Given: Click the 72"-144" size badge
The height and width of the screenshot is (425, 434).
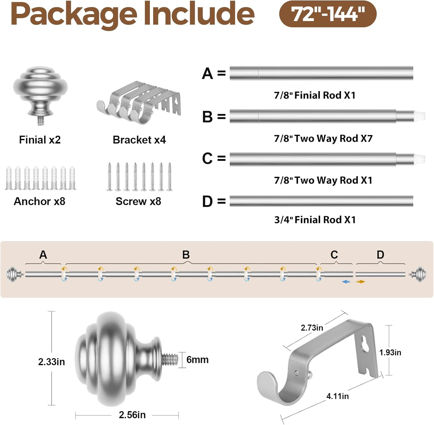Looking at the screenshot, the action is pyautogui.click(x=328, y=14).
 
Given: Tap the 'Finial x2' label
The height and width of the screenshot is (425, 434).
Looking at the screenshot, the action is pyautogui.click(x=40, y=140).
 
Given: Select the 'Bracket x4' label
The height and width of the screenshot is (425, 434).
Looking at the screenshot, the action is pyautogui.click(x=139, y=140).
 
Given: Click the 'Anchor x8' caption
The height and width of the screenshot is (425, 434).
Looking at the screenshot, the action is pyautogui.click(x=40, y=201).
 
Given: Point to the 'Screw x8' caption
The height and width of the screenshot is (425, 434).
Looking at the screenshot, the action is pyautogui.click(x=138, y=201).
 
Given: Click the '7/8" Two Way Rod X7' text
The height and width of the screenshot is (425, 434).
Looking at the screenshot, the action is pyautogui.click(x=323, y=138).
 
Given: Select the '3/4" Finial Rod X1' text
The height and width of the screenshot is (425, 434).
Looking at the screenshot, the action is pyautogui.click(x=315, y=220).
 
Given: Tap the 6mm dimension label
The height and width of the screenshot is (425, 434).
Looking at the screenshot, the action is pyautogui.click(x=197, y=360).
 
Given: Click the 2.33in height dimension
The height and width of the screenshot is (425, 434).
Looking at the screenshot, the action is pyautogui.click(x=52, y=362).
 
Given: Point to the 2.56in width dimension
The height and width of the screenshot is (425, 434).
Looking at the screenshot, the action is pyautogui.click(x=132, y=415).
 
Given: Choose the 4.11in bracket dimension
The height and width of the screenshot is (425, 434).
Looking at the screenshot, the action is pyautogui.click(x=338, y=396).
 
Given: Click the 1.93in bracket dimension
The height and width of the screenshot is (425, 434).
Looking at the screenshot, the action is pyautogui.click(x=390, y=352).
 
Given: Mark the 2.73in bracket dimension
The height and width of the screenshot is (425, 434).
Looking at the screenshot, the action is pyautogui.click(x=312, y=328).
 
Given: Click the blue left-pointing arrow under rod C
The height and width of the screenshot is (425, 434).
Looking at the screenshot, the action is pyautogui.click(x=346, y=282).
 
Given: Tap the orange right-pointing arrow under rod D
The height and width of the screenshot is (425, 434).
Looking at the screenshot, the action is pyautogui.click(x=361, y=282).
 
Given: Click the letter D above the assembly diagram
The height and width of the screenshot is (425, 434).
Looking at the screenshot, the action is pyautogui.click(x=380, y=255).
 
